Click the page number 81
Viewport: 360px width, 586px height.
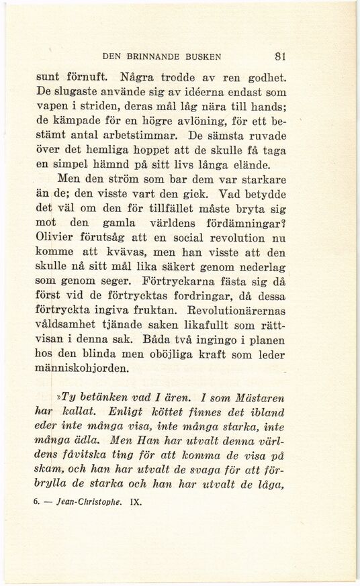pyautogui.click(x=281, y=56)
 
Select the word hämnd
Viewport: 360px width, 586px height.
pyautogui.click(x=116, y=164)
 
